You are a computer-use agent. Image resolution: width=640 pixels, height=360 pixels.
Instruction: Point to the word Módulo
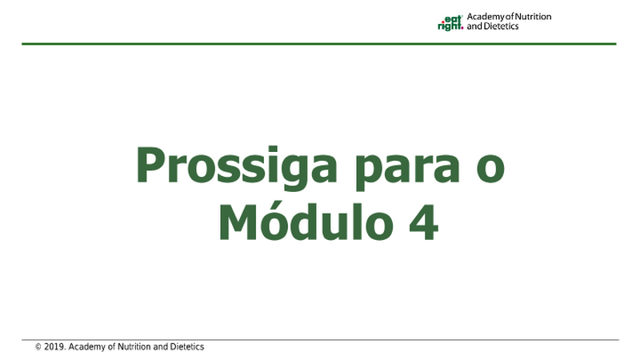pyautogui.click(x=306, y=221)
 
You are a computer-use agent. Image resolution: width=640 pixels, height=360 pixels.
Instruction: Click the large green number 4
pyautogui.click(x=424, y=222)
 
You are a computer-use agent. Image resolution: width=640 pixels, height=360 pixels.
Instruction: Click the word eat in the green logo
pyautogui.click(x=452, y=18)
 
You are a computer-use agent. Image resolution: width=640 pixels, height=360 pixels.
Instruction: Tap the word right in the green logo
pyautogui.click(x=450, y=26)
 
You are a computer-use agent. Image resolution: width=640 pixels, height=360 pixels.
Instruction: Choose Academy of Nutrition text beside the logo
pyautogui.click(x=509, y=17)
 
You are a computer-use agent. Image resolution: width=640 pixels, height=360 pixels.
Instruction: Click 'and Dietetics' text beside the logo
pyautogui.click(x=493, y=26)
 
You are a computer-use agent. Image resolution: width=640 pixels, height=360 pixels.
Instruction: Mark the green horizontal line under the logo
pyautogui.click(x=318, y=44)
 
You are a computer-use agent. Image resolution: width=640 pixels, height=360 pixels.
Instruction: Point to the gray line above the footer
pyautogui.click(x=320, y=339)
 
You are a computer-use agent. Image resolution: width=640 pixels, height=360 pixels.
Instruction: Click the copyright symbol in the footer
pyautogui.click(x=38, y=347)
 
